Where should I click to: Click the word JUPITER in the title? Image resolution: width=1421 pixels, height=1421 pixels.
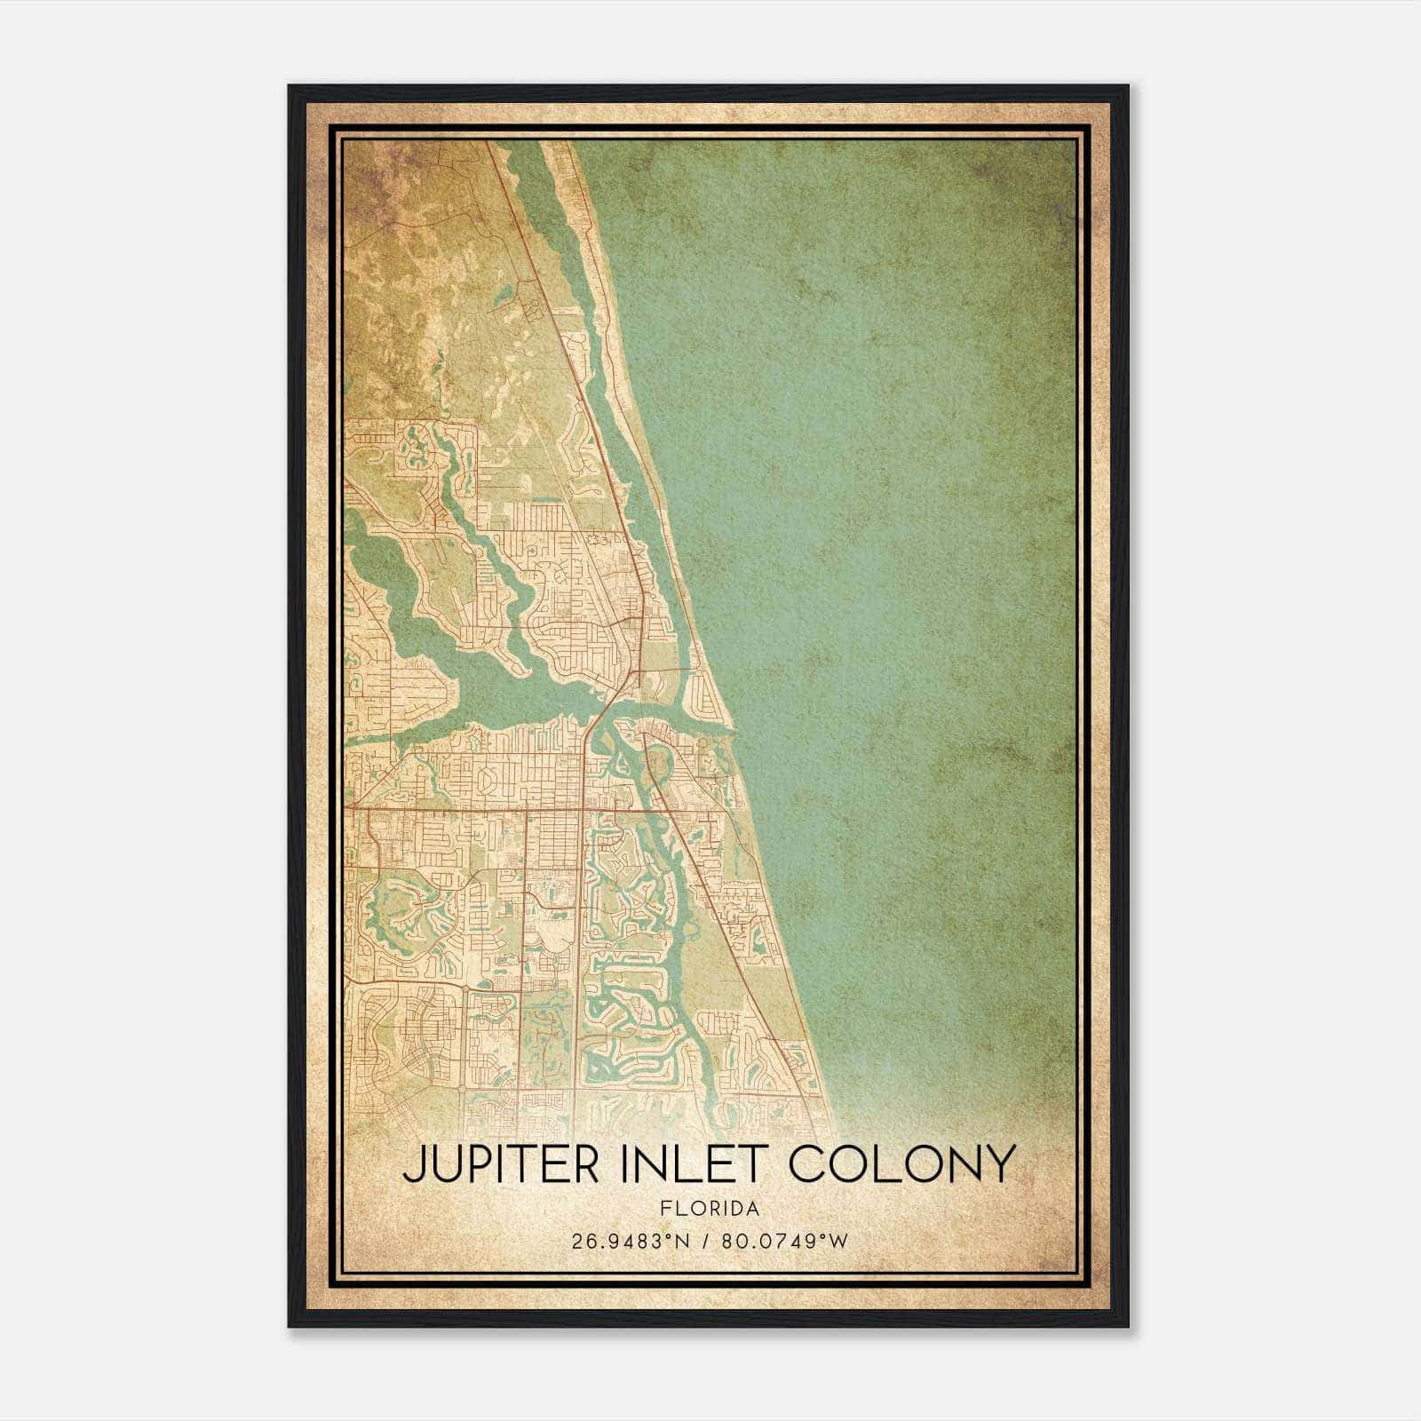(501, 1164)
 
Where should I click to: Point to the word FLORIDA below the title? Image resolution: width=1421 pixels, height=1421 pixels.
(710, 1209)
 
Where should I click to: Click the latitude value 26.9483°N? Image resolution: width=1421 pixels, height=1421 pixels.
(631, 1241)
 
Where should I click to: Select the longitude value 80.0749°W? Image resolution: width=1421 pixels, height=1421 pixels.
(784, 1241)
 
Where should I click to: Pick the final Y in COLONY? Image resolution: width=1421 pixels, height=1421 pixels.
(1000, 1164)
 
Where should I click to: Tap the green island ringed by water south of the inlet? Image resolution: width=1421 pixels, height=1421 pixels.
(659, 759)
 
